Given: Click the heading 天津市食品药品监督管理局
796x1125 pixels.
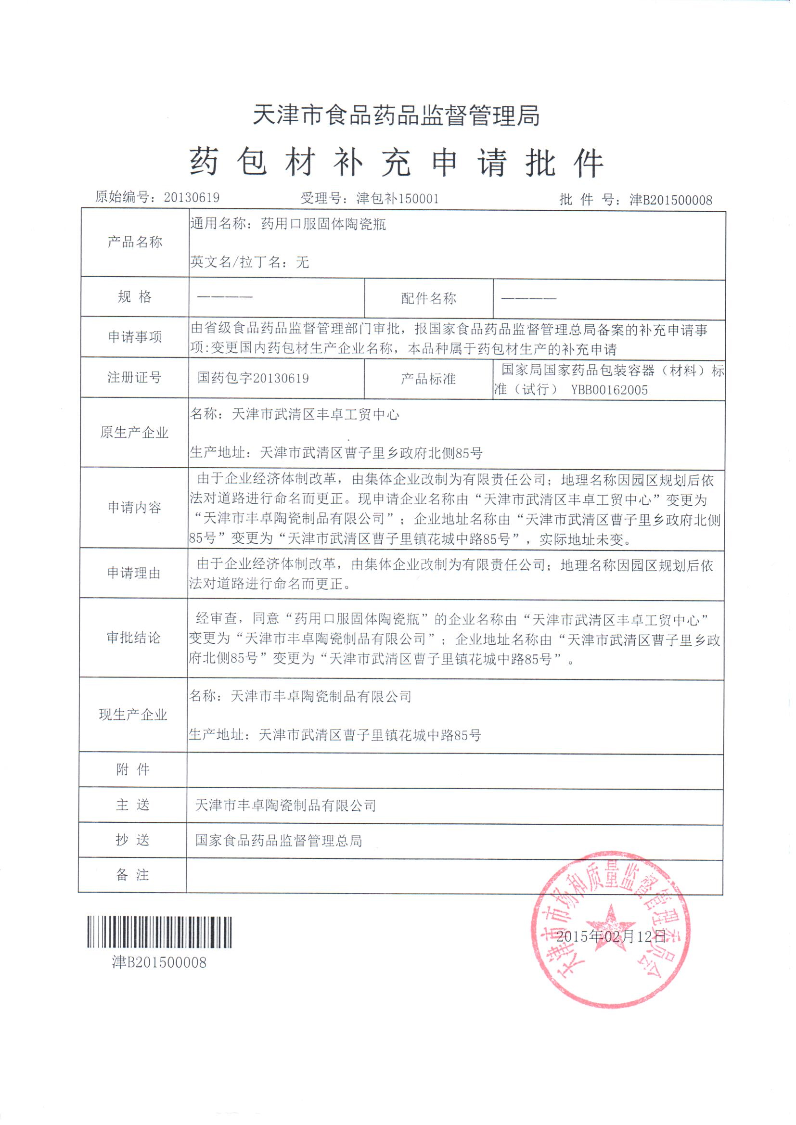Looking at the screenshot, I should pos(396,115).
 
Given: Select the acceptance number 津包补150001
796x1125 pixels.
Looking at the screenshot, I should pos(397,198).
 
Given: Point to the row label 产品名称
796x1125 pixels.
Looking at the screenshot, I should pos(134,242).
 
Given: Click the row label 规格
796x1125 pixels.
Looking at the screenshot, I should pos(134,297).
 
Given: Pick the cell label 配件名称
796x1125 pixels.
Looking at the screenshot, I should pos(428,298).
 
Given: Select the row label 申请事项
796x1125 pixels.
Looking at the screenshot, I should pos(134,337).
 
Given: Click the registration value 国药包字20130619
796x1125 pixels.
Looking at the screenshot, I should pos(253,378).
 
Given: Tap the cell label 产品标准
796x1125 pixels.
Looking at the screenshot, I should pos(428,378).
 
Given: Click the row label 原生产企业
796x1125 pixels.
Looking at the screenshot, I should pos(134,432).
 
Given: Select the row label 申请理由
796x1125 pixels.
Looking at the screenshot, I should pos(134,573).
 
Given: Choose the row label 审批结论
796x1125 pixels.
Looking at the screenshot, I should pos(133,638).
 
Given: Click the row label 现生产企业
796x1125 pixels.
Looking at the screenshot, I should pos(133,715).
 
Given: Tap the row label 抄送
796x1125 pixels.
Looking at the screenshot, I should pos(132,840).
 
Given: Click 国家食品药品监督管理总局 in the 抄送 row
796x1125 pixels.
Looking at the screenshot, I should pos(278,841).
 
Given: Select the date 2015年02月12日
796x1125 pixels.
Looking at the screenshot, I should pos(611,936).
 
